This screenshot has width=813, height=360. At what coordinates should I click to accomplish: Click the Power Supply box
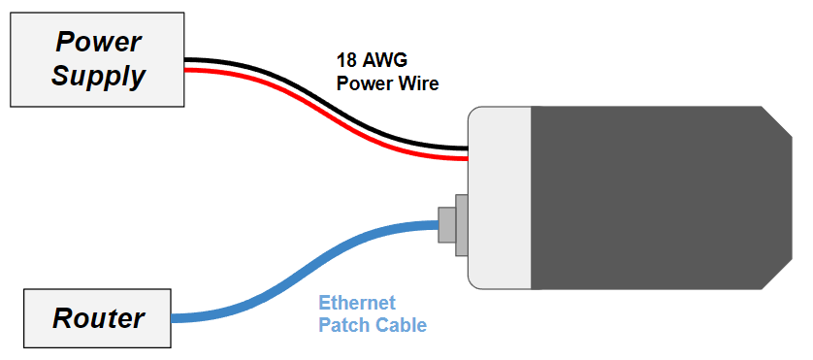[x=97, y=59]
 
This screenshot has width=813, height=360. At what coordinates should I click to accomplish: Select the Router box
[x=97, y=317]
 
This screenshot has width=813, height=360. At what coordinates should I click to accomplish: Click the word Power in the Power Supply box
[x=98, y=42]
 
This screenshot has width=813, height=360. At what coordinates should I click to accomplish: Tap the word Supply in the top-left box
[x=98, y=75]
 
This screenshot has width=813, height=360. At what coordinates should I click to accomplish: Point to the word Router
[x=98, y=317]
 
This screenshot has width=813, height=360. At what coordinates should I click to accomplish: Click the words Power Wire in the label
[x=387, y=83]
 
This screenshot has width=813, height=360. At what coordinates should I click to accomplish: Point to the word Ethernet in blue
[x=357, y=303]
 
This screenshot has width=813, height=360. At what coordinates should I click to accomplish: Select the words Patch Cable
[x=373, y=325]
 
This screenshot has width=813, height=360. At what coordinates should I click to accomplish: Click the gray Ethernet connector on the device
[x=450, y=224]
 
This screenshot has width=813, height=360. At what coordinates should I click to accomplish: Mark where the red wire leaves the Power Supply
[x=189, y=71]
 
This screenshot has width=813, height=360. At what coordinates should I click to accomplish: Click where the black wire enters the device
[x=464, y=147]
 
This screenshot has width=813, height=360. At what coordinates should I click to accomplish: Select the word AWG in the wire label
[x=381, y=59]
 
